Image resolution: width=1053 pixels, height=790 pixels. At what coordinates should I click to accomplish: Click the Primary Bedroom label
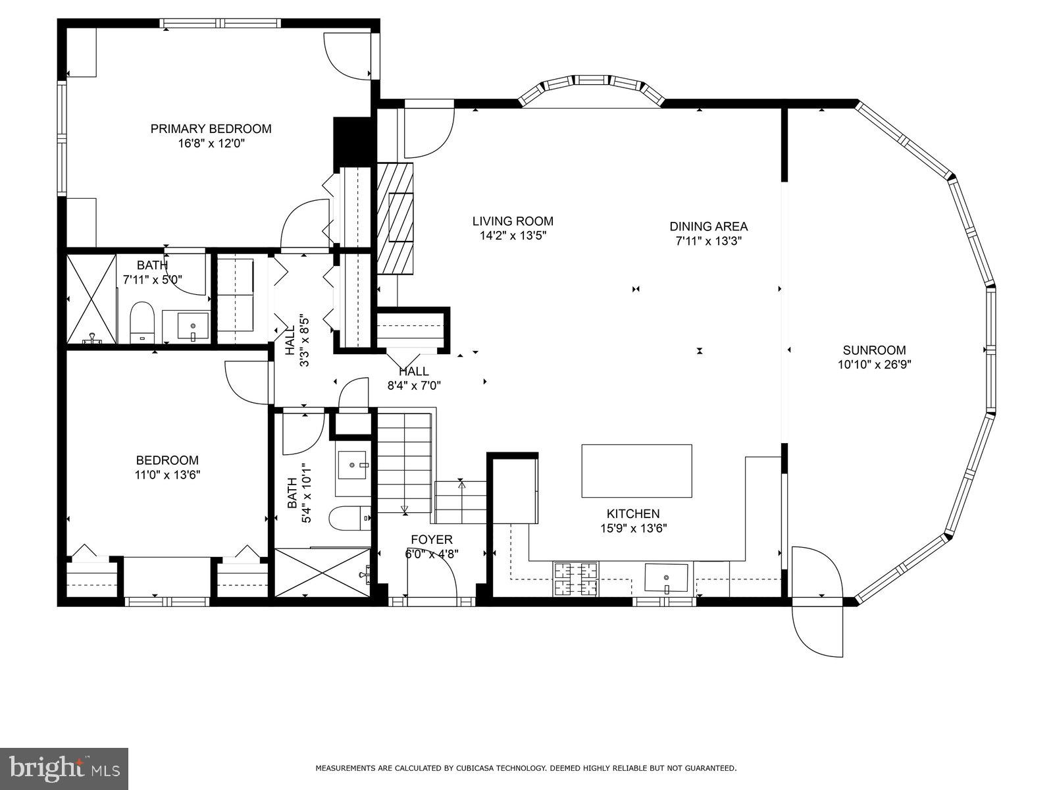[211, 128]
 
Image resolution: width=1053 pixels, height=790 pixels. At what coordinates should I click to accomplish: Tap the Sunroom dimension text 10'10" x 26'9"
[874, 364]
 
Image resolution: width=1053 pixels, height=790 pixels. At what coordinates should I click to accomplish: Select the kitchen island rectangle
[636, 471]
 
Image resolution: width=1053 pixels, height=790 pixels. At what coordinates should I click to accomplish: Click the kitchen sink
[666, 578]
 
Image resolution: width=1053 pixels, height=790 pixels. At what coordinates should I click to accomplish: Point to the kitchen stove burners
[576, 579]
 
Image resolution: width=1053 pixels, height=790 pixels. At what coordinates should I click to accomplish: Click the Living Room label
[513, 221]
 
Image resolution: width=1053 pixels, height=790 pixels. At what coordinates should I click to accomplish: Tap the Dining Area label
[708, 226]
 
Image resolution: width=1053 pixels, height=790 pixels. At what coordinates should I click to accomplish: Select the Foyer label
[432, 540]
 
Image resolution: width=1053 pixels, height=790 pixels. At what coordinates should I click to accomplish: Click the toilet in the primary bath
[141, 323]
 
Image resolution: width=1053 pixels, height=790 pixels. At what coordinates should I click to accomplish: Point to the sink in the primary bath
[193, 326]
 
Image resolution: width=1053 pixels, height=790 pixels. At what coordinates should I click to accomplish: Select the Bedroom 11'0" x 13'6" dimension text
[167, 475]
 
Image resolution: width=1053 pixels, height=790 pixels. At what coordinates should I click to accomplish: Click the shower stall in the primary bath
[91, 298]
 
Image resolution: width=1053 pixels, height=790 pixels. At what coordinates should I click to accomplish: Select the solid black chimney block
[353, 142]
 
